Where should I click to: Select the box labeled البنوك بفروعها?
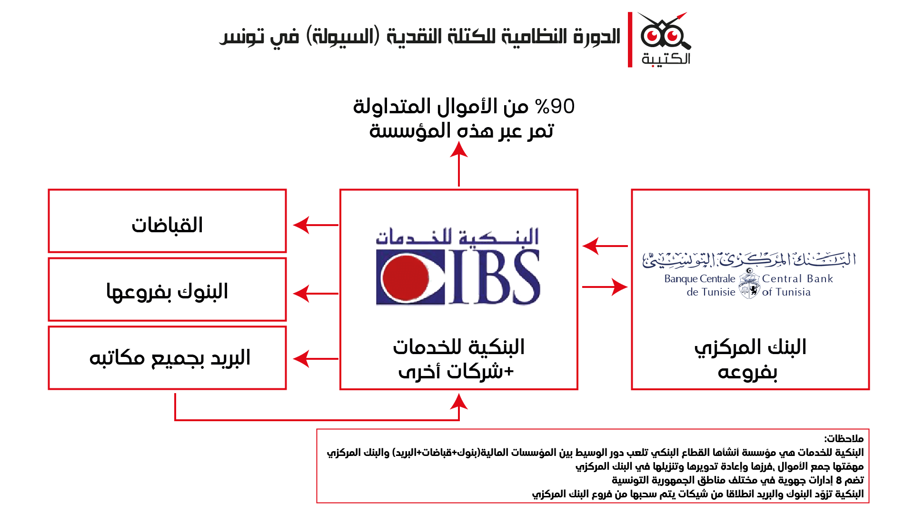tap(167, 289)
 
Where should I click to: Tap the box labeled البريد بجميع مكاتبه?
tap(167, 358)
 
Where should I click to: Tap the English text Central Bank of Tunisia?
tap(797, 285)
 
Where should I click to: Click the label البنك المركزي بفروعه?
tap(750, 359)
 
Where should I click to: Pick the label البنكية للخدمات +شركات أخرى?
tap(458, 359)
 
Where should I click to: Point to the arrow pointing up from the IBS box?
tap(459, 164)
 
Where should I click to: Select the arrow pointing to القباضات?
tap(314, 225)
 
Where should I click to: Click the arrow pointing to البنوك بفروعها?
tap(314, 294)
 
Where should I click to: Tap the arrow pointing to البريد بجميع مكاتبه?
tap(314, 359)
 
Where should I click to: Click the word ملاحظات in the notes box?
tap(844, 438)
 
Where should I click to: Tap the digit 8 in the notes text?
tap(838, 480)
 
